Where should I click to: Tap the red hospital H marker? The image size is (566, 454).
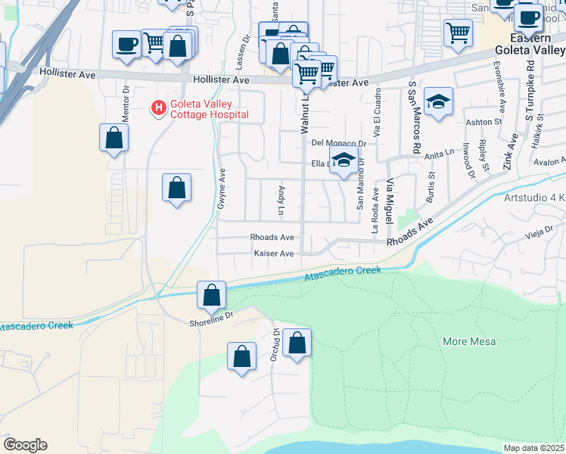[158, 109]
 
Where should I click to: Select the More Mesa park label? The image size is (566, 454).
[469, 341]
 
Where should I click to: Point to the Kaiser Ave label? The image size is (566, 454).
[273, 253]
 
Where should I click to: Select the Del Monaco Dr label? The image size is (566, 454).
[338, 143]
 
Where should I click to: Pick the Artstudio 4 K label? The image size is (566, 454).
[534, 198]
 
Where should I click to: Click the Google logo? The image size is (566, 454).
[25, 445]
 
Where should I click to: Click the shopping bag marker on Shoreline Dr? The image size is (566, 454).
[212, 295]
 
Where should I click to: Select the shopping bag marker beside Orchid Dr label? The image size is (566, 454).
[298, 343]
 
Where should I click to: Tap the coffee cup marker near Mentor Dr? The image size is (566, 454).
[126, 43]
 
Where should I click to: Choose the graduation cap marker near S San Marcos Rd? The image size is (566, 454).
[437, 102]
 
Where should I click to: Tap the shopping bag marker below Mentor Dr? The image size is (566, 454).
[114, 138]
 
